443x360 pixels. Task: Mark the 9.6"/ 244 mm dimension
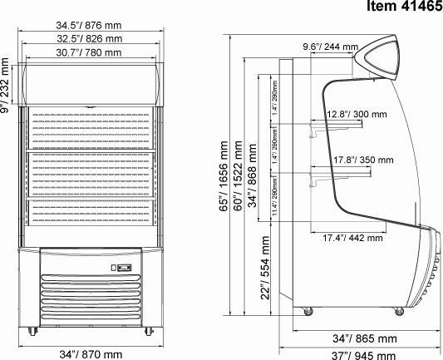[x=330, y=47]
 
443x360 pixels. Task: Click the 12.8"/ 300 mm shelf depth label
[x=356, y=114]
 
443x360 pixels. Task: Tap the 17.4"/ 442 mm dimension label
[x=352, y=238]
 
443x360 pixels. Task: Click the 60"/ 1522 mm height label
[x=238, y=176]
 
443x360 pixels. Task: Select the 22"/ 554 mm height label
[x=265, y=268]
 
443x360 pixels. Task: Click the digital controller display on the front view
[x=122, y=268]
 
